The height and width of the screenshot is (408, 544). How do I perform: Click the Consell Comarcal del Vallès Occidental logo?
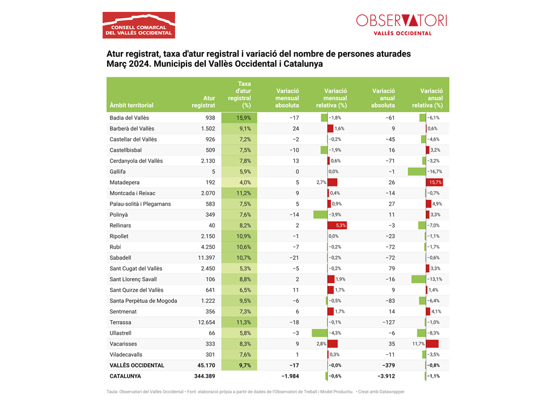click(x=139, y=25)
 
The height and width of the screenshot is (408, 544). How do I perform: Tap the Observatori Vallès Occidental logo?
click(x=402, y=24)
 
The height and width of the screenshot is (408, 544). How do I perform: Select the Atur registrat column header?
click(x=203, y=101)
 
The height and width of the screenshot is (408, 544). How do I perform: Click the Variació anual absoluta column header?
click(x=383, y=98)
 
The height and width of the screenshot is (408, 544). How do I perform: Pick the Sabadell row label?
click(x=120, y=258)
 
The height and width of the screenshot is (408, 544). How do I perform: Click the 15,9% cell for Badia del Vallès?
click(x=240, y=118)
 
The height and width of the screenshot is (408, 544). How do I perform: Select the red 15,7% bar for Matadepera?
click(x=435, y=182)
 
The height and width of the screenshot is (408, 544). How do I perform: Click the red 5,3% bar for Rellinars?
click(x=337, y=226)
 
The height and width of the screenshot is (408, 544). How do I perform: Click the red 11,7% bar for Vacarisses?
click(x=432, y=344)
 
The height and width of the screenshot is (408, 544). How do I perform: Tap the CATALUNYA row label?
click(x=125, y=376)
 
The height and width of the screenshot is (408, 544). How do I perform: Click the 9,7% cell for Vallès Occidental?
click(x=240, y=365)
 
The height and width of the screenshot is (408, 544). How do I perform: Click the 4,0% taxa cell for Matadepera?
click(x=240, y=182)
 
